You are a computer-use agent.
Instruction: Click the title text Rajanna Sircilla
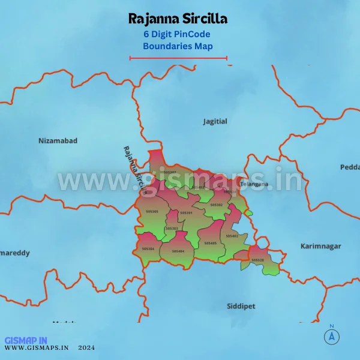[x=178, y=19]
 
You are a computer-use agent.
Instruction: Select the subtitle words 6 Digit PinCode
[x=178, y=34]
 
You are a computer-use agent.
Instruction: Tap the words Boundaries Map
[x=178, y=46]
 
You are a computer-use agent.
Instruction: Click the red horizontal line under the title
[x=178, y=58]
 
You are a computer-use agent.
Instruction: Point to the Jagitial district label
[x=215, y=121]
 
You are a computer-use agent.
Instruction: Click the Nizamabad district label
[x=58, y=140]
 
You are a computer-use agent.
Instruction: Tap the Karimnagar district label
[x=320, y=246]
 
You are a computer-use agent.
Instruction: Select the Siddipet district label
[x=241, y=306]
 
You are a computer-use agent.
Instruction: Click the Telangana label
[x=255, y=184]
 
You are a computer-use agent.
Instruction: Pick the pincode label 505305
[x=152, y=211]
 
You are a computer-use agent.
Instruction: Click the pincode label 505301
[x=186, y=213]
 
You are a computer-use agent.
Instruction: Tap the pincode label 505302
[x=216, y=205]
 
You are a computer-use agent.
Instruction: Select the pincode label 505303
[x=172, y=229]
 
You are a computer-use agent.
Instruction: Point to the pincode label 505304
[x=148, y=248]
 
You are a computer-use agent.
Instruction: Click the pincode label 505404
[x=178, y=251]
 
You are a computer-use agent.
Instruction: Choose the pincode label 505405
[x=210, y=243]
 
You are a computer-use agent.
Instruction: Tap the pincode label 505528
[x=257, y=260]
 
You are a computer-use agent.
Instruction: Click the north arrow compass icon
[x=331, y=336]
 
